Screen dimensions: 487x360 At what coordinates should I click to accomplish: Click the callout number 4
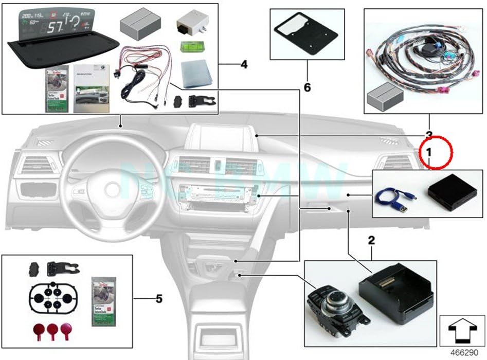tap(244, 65)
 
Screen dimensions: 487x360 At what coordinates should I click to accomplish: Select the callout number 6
tap(307, 88)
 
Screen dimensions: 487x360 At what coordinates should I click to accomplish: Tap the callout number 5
tap(159, 298)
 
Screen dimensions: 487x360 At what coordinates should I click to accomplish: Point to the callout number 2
tap(371, 240)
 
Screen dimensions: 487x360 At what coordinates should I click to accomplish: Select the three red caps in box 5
tap(52, 329)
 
